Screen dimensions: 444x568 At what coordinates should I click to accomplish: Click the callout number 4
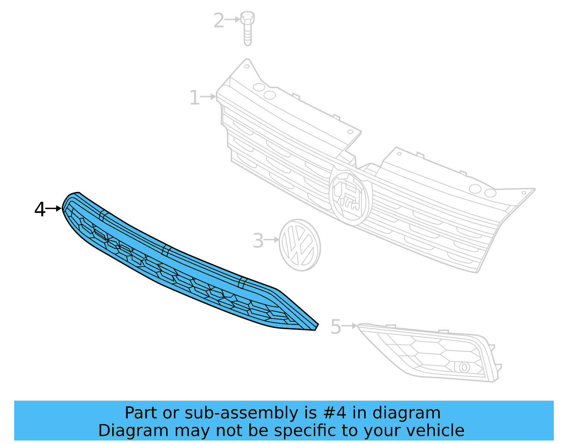pyautogui.click(x=40, y=209)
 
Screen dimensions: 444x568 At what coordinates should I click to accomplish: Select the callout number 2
pyautogui.click(x=219, y=20)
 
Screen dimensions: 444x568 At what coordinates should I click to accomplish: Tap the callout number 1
pyautogui.click(x=194, y=97)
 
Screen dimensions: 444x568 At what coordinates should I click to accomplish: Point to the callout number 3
pyautogui.click(x=258, y=241)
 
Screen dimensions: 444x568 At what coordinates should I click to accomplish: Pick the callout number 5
pyautogui.click(x=335, y=327)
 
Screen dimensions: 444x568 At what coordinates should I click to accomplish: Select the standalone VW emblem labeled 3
pyautogui.click(x=300, y=245)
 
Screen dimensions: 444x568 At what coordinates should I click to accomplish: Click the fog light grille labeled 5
pyautogui.click(x=433, y=352)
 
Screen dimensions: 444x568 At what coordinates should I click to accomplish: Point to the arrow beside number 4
pyautogui.click(x=54, y=208)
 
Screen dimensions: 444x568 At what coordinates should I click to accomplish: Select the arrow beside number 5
pyautogui.click(x=350, y=326)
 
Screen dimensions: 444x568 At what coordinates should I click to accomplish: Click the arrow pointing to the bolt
pyautogui.click(x=233, y=19)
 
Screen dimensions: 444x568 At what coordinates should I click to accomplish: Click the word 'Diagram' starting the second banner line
pyautogui.click(x=133, y=430)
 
